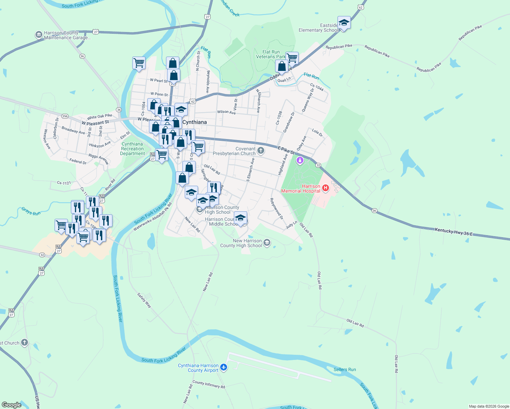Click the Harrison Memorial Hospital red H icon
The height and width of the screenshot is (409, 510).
pyautogui.click(x=326, y=188)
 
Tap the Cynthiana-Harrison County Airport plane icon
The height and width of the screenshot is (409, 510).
pyautogui.click(x=224, y=367)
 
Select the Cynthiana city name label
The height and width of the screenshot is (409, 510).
pyautogui.click(x=194, y=122)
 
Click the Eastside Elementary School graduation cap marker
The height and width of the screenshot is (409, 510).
pyautogui.click(x=344, y=23)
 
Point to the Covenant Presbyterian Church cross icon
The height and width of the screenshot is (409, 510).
pyautogui.click(x=261, y=151)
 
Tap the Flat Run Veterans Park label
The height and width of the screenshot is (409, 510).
pyautogui.click(x=271, y=55)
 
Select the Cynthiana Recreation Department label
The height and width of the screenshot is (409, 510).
pyautogui.click(x=132, y=149)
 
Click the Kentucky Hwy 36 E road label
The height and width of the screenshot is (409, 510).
pyautogui.click(x=454, y=232)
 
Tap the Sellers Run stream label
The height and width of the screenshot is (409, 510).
pyautogui.click(x=345, y=369)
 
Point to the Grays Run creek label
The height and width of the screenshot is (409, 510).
pyautogui.click(x=31, y=211)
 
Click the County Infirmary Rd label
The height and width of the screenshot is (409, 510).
pyautogui.click(x=209, y=384)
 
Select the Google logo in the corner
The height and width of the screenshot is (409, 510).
pyautogui.click(x=11, y=405)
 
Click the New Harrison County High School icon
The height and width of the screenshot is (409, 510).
pyautogui.click(x=267, y=243)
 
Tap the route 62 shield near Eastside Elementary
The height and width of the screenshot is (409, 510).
pyautogui.click(x=361, y=7)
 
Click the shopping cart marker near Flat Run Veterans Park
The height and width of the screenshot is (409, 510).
pyautogui.click(x=292, y=58)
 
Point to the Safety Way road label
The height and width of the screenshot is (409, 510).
pyautogui.click(x=144, y=300)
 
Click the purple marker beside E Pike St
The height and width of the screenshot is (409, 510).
pyautogui.click(x=300, y=160)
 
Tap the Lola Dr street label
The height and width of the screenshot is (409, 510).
pyautogui.click(x=317, y=133)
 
